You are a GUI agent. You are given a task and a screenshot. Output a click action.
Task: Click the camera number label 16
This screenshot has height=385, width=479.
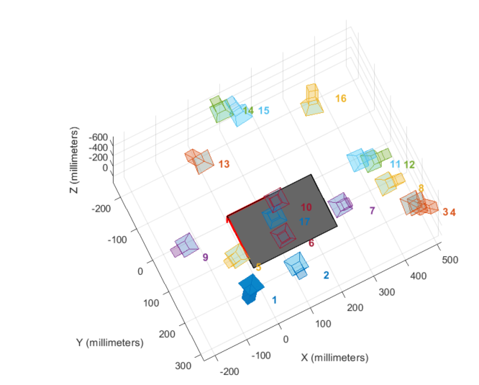pos(341,98)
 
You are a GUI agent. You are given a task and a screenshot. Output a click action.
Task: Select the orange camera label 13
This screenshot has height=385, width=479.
pos(224,164)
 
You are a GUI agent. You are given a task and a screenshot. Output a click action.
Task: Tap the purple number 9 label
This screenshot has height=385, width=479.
pos(205,257)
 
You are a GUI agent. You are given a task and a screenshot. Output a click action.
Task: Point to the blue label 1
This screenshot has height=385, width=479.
pos(273,299)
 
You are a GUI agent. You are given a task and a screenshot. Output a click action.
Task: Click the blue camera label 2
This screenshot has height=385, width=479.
pos(326,275)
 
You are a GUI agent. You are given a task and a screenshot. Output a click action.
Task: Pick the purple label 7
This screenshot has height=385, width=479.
pos(372,211)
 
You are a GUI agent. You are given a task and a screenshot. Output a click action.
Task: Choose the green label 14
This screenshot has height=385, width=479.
pos(248,111)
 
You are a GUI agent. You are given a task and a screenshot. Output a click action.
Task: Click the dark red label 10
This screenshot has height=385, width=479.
pos(306,207)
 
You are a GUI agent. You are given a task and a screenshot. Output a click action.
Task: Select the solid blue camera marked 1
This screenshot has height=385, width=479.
pos(251,289)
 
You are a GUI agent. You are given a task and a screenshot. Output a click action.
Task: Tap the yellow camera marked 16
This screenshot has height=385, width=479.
pos(312,101)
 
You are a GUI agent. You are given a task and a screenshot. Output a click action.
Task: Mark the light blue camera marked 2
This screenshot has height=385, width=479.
pos(296,266)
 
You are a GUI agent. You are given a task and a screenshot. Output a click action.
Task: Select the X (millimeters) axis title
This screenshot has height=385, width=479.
pos(334,358)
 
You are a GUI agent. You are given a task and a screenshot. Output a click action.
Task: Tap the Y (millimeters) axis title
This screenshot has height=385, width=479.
pos(109,342)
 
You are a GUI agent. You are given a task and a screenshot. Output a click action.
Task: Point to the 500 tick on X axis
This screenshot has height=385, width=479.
pos(446,259)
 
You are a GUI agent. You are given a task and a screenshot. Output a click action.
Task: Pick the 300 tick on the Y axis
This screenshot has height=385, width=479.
pos(182,366)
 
